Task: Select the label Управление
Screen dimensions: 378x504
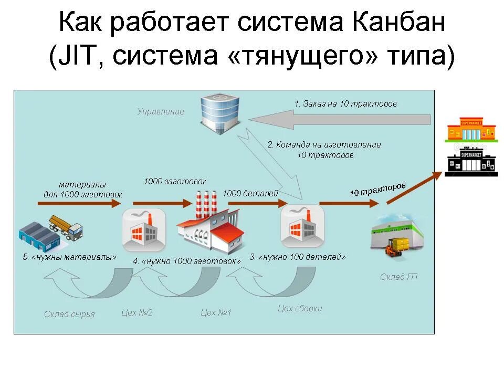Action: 161,112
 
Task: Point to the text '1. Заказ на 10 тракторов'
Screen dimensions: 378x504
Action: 345,104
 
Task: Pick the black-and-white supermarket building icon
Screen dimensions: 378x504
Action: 471,160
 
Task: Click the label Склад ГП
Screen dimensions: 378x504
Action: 399,277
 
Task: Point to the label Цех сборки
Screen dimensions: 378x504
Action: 300,309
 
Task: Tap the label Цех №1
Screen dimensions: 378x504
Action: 216,313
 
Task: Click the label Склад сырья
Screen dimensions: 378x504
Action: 69,314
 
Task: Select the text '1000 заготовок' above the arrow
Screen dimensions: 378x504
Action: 175,181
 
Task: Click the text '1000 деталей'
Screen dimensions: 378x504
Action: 250,193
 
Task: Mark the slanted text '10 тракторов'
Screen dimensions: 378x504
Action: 377,190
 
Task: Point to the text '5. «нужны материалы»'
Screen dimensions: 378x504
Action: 69,257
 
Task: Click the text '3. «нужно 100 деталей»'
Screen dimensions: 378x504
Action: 298,257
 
